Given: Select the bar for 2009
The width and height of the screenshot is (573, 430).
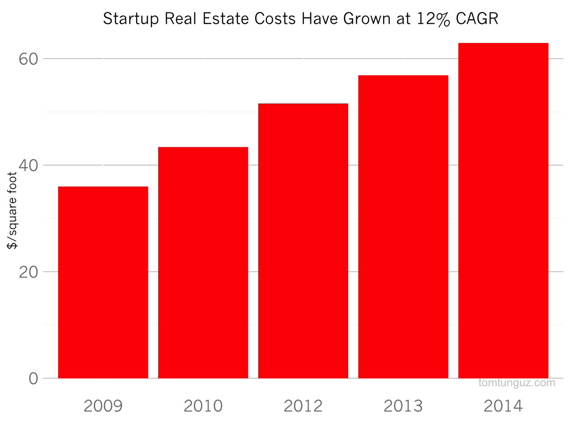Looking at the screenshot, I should click(x=103, y=282).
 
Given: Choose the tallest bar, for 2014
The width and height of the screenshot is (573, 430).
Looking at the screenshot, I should click(x=503, y=211).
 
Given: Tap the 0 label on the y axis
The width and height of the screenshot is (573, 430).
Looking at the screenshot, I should click(x=34, y=378).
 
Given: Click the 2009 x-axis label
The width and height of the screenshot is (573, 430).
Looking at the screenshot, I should click(x=103, y=406).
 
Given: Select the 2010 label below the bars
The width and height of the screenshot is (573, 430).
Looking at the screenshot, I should click(x=203, y=406).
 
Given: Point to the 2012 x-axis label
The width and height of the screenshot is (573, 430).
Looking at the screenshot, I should click(x=303, y=406).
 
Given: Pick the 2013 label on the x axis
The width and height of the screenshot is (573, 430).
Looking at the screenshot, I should click(x=403, y=406).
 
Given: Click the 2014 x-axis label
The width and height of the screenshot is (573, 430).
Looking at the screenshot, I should click(x=503, y=406).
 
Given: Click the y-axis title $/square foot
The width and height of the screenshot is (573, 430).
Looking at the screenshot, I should click(x=12, y=211).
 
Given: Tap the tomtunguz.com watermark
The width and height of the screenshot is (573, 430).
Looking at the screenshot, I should click(x=517, y=383).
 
